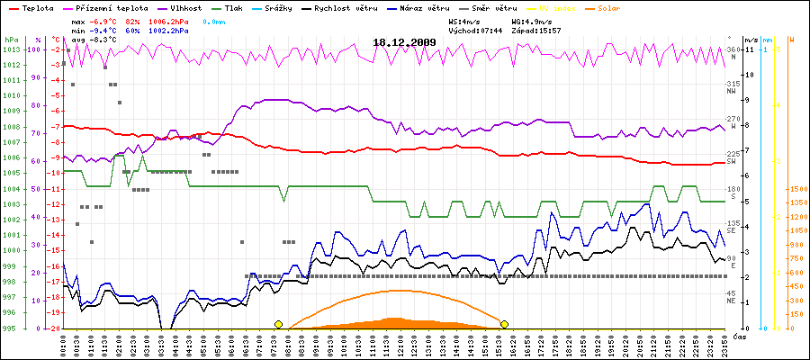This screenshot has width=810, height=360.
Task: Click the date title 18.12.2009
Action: click(x=404, y=41)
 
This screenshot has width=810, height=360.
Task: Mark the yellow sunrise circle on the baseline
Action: click(x=278, y=324)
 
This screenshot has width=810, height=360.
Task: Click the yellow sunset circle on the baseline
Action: click(x=505, y=324)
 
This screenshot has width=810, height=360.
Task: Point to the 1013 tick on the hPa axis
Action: click(x=11, y=49)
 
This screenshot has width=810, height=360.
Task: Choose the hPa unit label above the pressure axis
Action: click(x=10, y=40)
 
